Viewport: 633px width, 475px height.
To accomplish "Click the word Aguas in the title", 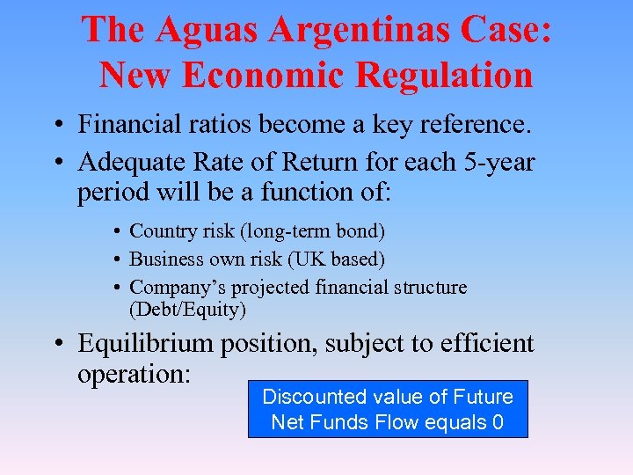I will tap(201, 31).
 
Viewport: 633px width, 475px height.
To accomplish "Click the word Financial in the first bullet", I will tap(126, 125).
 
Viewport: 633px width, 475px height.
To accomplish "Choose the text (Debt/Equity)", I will tap(187, 310).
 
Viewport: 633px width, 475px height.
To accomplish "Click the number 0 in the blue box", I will tap(498, 422).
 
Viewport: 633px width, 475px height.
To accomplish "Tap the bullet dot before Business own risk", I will tap(117, 260).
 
